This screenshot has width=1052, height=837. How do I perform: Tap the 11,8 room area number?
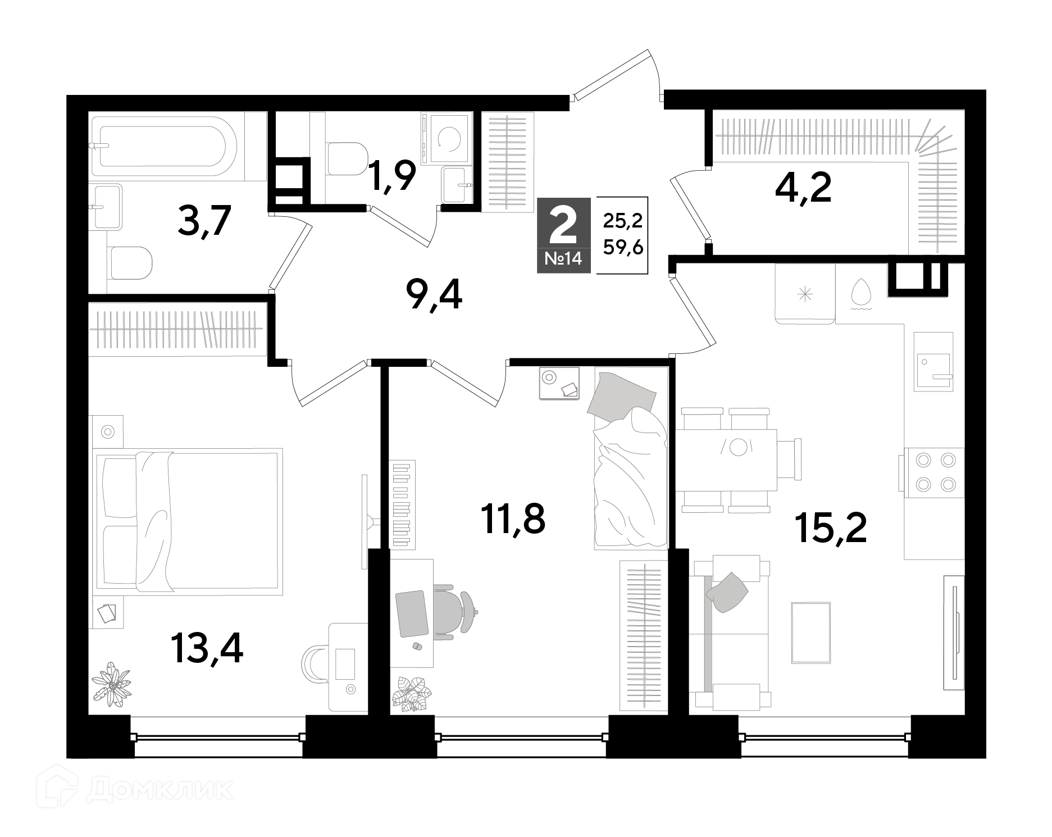tap(513, 518)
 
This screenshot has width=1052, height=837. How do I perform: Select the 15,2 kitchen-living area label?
tap(831, 528)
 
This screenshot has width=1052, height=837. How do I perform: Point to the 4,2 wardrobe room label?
tap(803, 188)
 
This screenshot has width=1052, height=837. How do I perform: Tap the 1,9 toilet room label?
tap(392, 176)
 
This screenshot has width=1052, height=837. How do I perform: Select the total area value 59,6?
tap(623, 247)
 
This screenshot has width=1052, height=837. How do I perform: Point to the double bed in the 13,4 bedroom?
tap(189, 521)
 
